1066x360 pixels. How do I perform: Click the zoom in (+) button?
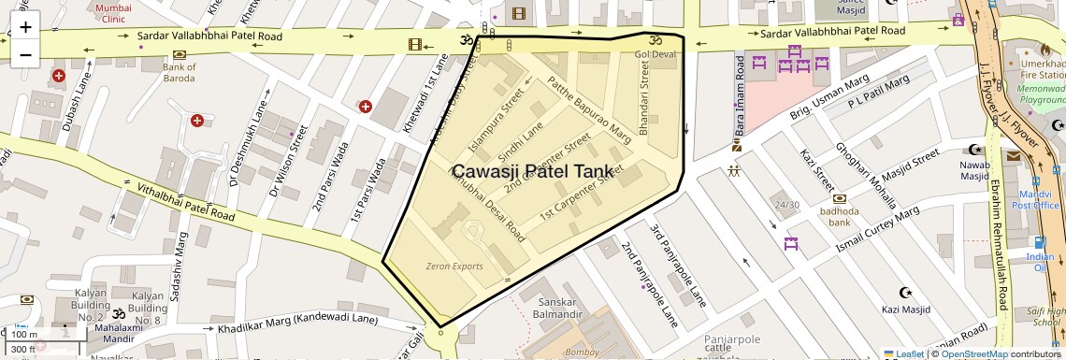pos(25,28)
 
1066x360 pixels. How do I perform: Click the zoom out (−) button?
pos(25,54)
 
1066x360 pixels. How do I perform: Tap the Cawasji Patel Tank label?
pos(533,171)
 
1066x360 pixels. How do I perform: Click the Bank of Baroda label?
pos(179,73)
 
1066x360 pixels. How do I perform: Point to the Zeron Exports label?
pos(454,266)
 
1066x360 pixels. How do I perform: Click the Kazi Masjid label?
pos(905,310)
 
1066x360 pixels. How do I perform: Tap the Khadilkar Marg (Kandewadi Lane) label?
pos(297,325)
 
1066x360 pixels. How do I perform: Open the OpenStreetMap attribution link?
pos(973,353)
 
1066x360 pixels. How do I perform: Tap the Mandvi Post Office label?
pos(1034,198)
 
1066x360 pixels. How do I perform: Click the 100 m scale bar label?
pos(24,335)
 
